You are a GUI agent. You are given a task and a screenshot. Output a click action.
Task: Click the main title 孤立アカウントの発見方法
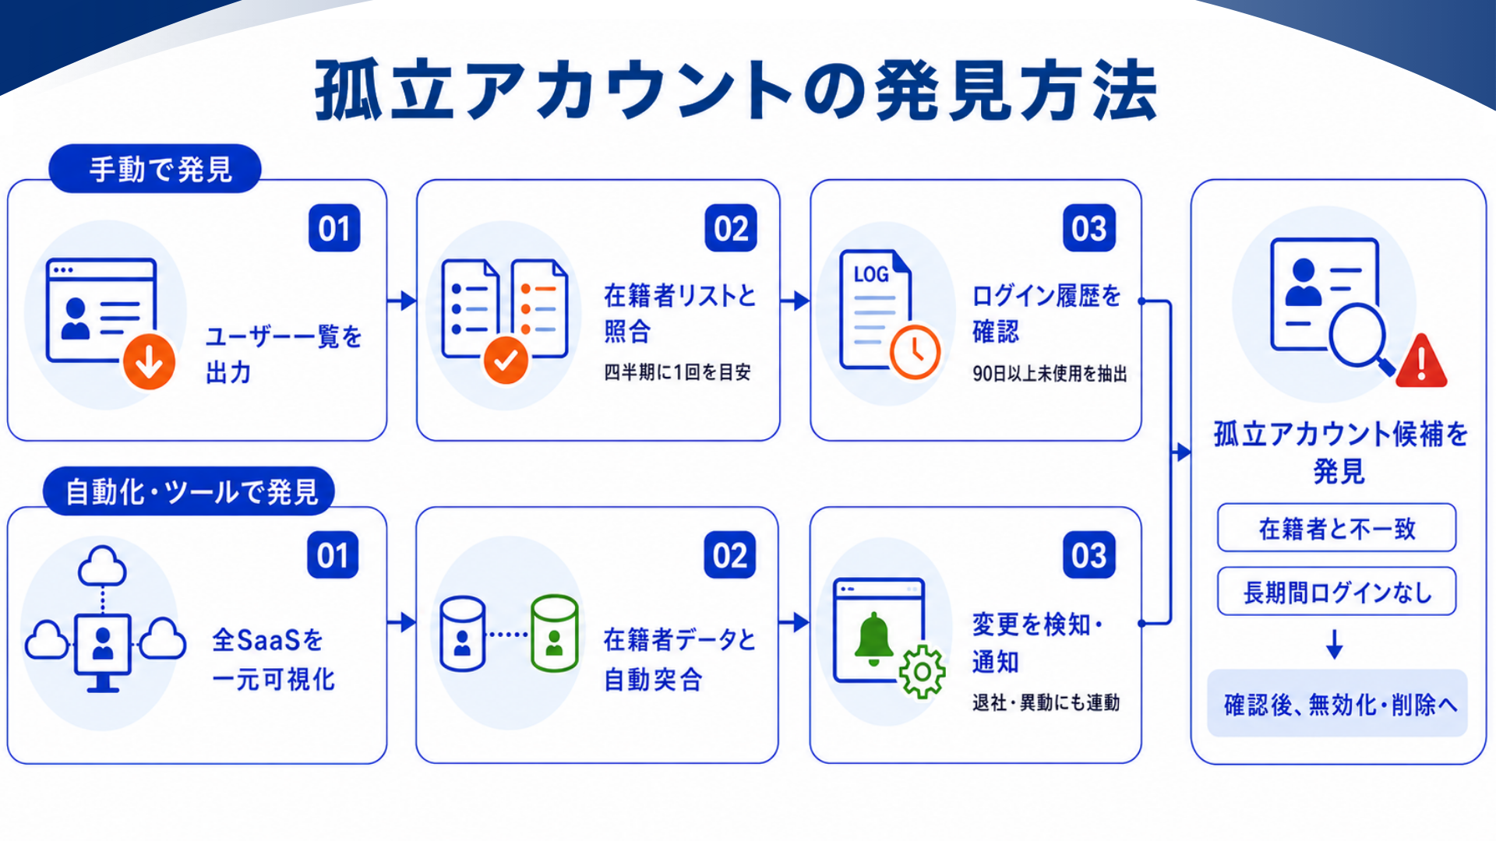tap(736, 90)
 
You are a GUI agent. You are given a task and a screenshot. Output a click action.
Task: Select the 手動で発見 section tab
tap(155, 168)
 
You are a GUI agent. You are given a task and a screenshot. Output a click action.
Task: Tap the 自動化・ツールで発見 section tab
tap(189, 491)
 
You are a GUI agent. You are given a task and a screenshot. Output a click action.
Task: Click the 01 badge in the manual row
tap(334, 228)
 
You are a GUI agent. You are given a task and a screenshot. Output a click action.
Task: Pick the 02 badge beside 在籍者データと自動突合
tap(730, 555)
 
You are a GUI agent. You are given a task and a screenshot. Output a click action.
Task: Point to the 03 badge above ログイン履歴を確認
tap(1089, 228)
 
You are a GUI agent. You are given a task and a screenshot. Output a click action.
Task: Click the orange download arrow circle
tap(149, 361)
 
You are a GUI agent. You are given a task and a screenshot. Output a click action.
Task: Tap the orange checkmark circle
tap(506, 360)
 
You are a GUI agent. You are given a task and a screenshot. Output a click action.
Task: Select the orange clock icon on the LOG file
tap(916, 352)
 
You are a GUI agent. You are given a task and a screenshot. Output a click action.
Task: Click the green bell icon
tap(874, 639)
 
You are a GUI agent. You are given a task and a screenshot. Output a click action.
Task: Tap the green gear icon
tap(923, 671)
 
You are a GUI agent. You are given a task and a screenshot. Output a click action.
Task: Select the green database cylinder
tap(554, 633)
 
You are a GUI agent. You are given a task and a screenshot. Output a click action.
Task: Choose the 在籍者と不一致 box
tap(1337, 528)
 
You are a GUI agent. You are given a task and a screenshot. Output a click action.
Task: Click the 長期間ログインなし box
tap(1337, 592)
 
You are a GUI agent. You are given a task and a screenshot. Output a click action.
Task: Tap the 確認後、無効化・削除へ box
tap(1337, 704)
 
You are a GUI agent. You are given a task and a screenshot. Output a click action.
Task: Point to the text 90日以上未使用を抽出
tap(1050, 374)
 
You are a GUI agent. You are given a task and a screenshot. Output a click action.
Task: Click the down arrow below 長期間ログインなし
tap(1335, 644)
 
